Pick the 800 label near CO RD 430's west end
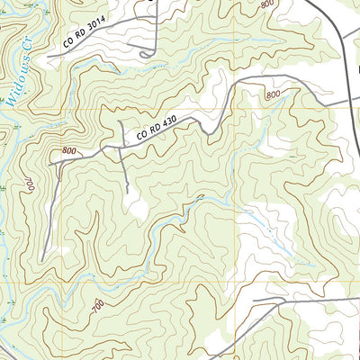(x=69, y=151)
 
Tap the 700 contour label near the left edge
(x=30, y=185)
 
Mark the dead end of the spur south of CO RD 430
(x=129, y=193)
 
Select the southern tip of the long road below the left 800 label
(x=40, y=260)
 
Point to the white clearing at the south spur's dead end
(x=137, y=209)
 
